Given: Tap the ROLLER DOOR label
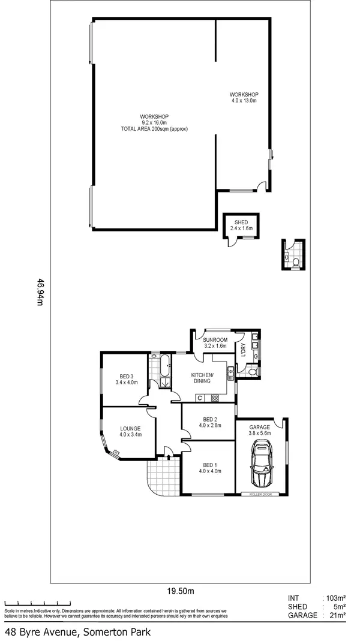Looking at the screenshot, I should [x=261, y=494].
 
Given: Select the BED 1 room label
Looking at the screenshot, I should [x=209, y=467].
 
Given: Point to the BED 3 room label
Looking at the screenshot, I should [x=126, y=378].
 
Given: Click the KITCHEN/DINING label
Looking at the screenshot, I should [x=202, y=378].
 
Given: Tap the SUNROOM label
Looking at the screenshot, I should [x=214, y=343].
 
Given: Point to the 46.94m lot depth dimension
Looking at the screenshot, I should [x=41, y=291].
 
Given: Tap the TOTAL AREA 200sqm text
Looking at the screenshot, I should [x=154, y=129].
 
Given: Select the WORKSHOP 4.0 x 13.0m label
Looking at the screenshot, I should [x=244, y=98].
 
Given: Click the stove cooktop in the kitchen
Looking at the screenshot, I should [x=214, y=398].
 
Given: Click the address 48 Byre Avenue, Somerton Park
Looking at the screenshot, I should [x=78, y=631].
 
